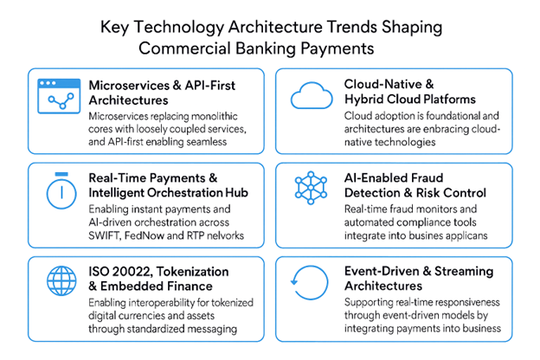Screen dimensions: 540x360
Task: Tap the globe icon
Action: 61,280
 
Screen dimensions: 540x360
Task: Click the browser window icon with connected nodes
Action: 59,96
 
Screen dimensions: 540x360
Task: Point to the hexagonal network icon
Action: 311,188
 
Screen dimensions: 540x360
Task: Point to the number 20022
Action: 132,272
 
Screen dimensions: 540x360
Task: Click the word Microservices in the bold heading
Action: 129,86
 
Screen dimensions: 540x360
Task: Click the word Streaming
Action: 464,272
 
